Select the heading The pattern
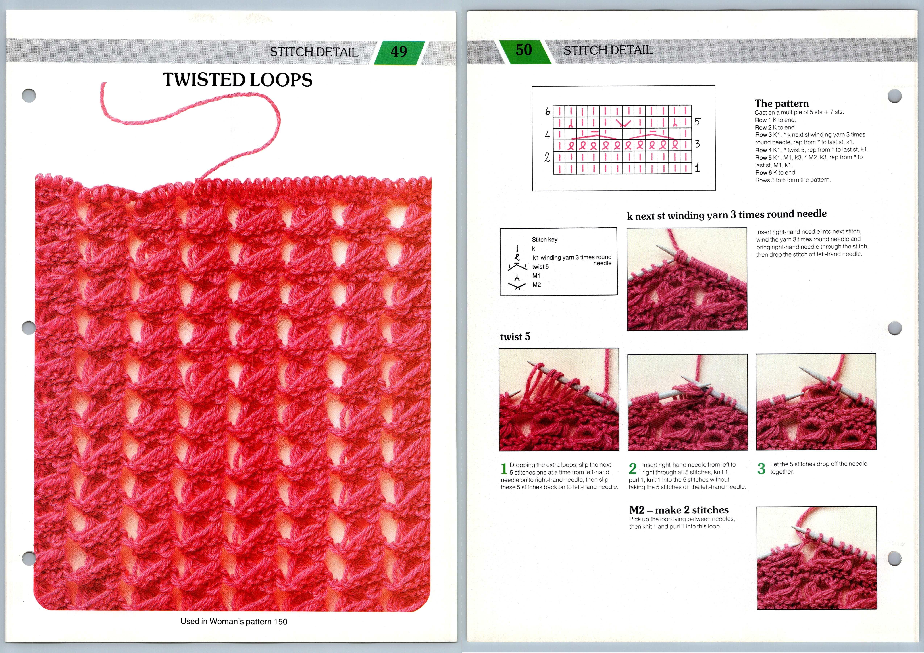click(x=781, y=103)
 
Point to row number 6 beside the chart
click(x=547, y=111)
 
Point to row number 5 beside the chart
click(x=697, y=121)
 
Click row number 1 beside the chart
click(x=697, y=168)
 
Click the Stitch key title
click(x=544, y=240)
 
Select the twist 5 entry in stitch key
click(x=540, y=267)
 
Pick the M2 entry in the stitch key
click(x=536, y=285)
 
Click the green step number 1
click(x=504, y=469)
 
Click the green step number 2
click(x=633, y=468)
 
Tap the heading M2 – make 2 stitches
click(x=679, y=510)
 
